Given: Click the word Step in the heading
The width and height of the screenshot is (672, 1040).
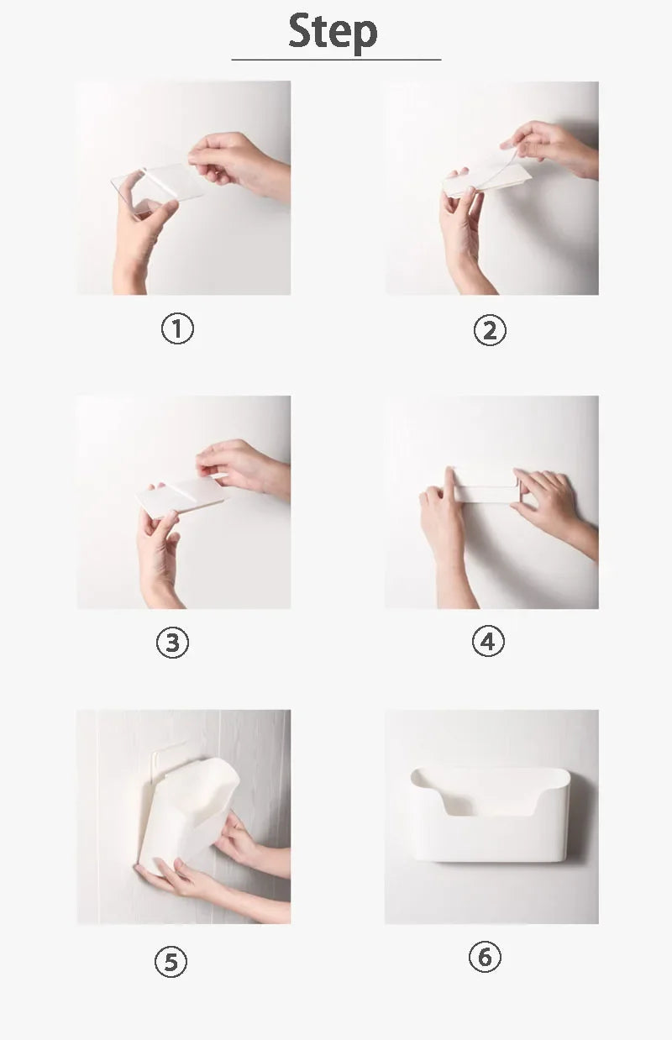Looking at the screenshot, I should click(x=333, y=32).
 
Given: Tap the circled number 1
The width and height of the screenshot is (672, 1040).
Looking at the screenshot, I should click(x=177, y=328).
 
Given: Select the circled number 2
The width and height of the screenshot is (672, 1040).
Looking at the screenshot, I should click(x=490, y=330).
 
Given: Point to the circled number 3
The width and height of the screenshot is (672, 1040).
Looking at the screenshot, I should click(x=172, y=643).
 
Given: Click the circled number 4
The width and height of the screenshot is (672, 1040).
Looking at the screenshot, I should click(x=488, y=642).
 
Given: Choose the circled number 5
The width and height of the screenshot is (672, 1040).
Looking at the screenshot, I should click(x=171, y=962).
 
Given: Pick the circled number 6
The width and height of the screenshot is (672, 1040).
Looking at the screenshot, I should click(x=485, y=957).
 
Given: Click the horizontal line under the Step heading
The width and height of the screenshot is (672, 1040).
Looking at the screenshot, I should click(x=336, y=60).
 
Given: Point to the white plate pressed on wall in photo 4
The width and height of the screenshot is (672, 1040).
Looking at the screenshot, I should click(x=484, y=486).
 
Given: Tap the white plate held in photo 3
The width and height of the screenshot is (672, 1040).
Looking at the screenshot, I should click(x=181, y=496).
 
